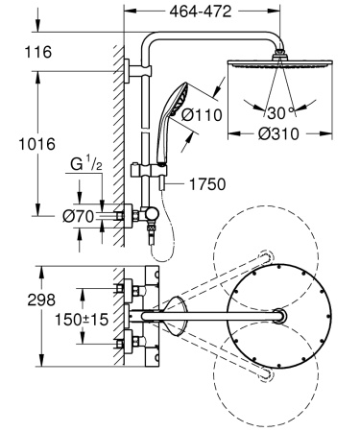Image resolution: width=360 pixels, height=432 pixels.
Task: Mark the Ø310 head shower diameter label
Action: coord(280,133)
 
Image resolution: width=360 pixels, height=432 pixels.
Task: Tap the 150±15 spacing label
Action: coord(81,315)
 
